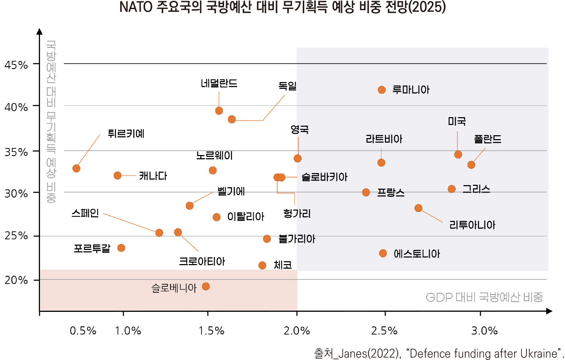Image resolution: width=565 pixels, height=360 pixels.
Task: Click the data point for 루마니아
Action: point(381,90)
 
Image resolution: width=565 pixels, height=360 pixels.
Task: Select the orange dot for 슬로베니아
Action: point(206,286)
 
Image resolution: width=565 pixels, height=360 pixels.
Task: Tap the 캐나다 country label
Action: point(153,176)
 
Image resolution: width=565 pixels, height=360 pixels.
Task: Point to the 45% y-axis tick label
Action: point(16,65)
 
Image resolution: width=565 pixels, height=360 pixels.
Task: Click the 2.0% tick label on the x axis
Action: point(296,331)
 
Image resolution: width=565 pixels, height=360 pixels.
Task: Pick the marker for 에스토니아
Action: point(383,253)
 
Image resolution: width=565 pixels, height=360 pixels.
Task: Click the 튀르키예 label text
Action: point(126,134)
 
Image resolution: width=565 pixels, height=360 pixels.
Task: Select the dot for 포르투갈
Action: point(121,248)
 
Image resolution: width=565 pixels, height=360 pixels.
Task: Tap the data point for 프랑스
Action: point(366,193)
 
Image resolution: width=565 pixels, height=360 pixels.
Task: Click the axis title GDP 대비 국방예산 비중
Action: point(484,297)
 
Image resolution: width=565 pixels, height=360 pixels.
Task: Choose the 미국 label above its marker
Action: point(457,121)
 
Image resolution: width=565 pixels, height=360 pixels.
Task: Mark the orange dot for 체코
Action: point(262,265)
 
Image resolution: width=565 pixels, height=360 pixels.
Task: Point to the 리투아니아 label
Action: point(472,225)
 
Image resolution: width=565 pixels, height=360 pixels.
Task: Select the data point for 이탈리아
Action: point(217,217)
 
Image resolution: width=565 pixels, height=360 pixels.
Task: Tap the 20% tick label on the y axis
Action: point(16,280)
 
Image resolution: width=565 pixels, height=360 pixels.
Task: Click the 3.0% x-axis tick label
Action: point(484,331)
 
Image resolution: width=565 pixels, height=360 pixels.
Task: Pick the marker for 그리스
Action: point(451,189)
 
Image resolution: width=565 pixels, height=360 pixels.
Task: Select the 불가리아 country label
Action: point(296,239)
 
